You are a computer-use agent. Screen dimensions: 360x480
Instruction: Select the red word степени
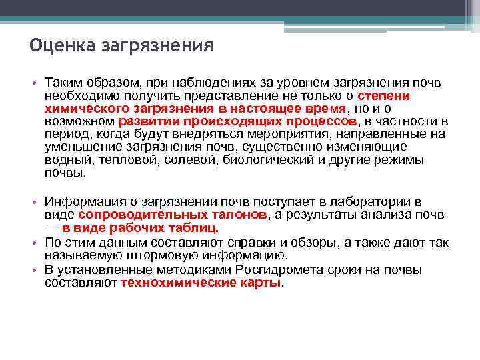389,95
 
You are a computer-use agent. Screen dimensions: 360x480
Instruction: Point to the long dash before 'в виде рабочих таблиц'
52,228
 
